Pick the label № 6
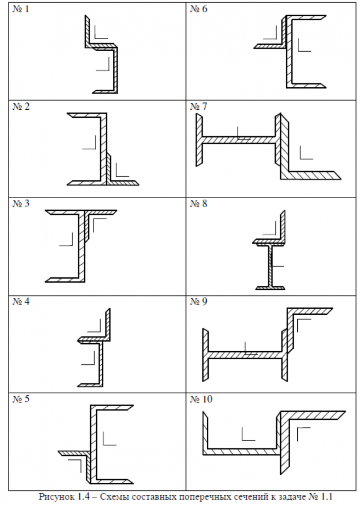click(199, 10)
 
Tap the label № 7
click(199, 107)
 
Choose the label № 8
click(199, 204)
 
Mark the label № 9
click(199, 302)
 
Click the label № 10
click(201, 399)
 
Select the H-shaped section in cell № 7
click(238, 139)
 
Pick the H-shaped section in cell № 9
click(244, 354)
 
